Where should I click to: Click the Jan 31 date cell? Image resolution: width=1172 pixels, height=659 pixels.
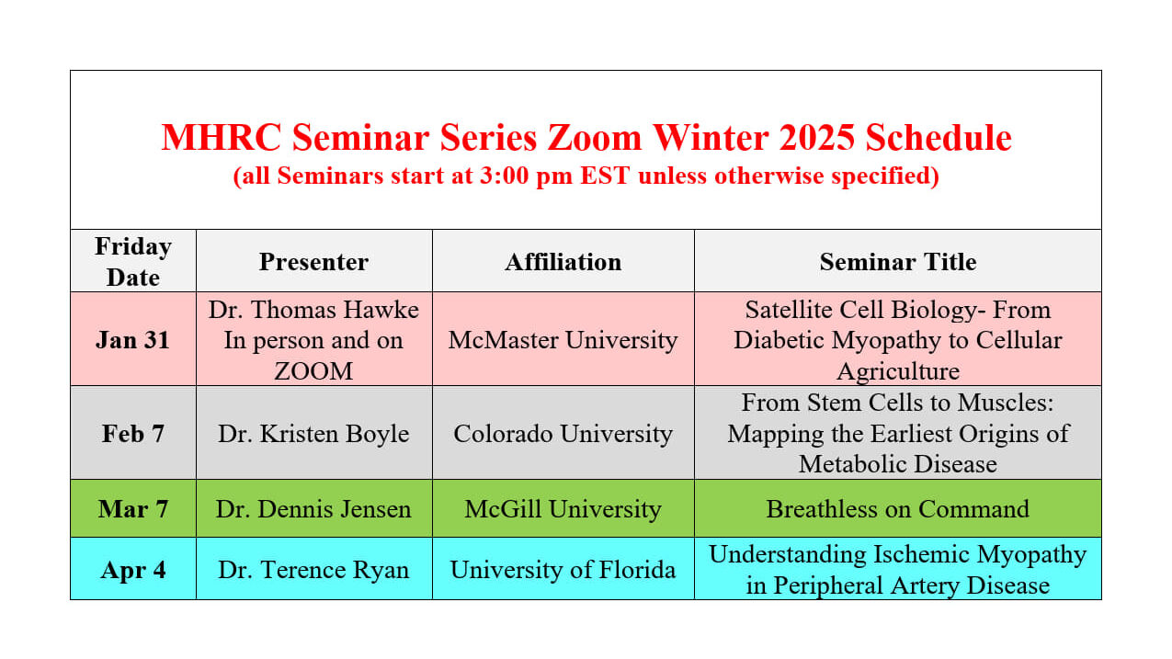pyautogui.click(x=133, y=340)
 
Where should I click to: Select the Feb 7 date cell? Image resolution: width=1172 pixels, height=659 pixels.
pyautogui.click(x=133, y=434)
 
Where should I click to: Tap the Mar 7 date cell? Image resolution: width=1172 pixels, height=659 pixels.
pyautogui.click(x=133, y=509)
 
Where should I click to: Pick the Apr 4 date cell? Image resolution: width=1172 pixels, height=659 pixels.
pyautogui.click(x=133, y=570)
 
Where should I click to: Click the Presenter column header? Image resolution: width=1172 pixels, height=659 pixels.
pyautogui.click(x=314, y=262)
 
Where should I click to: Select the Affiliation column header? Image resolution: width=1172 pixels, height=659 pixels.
pyautogui.click(x=563, y=262)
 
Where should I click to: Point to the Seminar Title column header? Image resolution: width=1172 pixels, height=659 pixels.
pyautogui.click(x=898, y=262)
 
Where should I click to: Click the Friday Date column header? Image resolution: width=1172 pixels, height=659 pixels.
pyautogui.click(x=133, y=262)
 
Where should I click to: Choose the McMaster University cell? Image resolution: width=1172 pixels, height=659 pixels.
pyautogui.click(x=563, y=340)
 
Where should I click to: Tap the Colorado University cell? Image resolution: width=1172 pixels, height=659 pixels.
pyautogui.click(x=563, y=434)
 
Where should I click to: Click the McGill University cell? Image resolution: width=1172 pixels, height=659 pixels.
pyautogui.click(x=563, y=509)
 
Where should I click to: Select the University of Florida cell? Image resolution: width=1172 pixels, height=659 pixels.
pyautogui.click(x=563, y=570)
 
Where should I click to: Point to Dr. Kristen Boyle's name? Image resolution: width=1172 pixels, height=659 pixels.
pyautogui.click(x=314, y=434)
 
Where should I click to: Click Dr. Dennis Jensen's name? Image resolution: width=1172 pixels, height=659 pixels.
pyautogui.click(x=314, y=509)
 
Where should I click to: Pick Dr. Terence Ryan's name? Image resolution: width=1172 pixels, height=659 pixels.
pyautogui.click(x=314, y=570)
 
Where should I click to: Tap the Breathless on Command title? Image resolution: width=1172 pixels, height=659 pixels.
pyautogui.click(x=898, y=509)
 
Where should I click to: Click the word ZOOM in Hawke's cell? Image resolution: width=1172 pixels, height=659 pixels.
pyautogui.click(x=314, y=371)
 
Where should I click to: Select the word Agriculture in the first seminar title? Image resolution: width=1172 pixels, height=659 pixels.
pyautogui.click(x=898, y=371)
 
